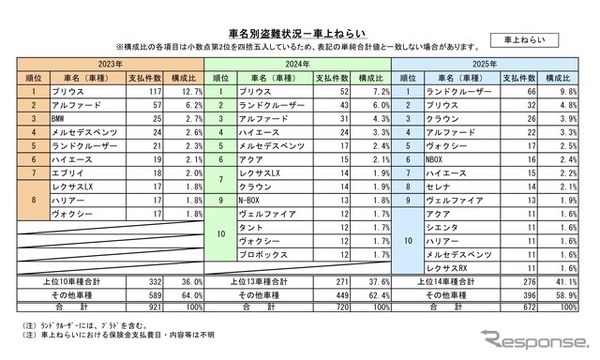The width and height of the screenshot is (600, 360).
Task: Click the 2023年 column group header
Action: [111, 63]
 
